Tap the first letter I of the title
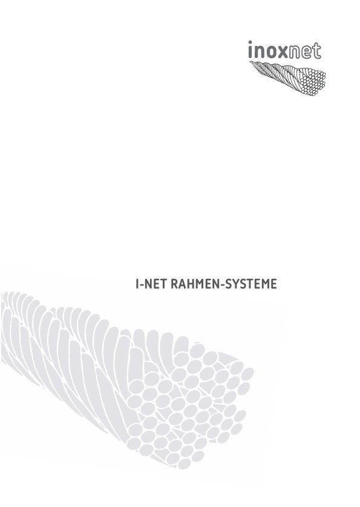pos(137,284)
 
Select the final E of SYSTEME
pos(274,284)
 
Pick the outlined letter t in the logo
pos(316,50)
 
